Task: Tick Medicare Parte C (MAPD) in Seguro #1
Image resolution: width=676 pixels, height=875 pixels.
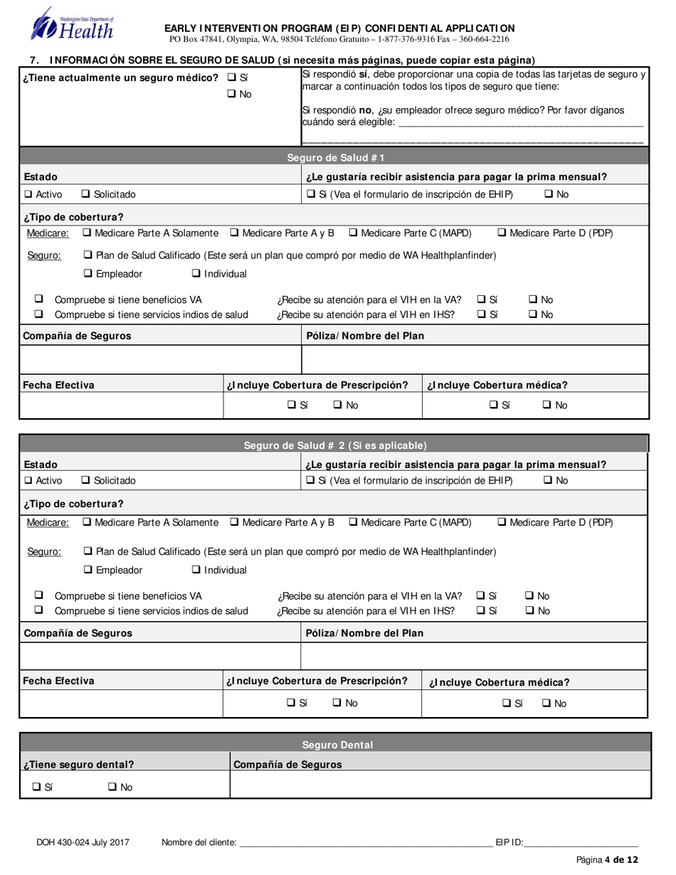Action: pyautogui.click(x=354, y=233)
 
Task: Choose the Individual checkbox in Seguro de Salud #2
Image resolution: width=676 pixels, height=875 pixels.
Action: pyautogui.click(x=196, y=570)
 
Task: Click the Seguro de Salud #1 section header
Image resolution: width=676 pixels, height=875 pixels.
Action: pyautogui.click(x=334, y=158)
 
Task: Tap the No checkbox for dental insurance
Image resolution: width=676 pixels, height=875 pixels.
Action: pyautogui.click(x=112, y=787)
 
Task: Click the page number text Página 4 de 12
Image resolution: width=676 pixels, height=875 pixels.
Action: pyautogui.click(x=607, y=860)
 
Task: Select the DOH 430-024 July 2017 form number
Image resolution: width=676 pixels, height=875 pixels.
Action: pyautogui.click(x=83, y=842)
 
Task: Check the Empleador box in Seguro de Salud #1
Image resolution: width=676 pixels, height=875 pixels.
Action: pyautogui.click(x=88, y=274)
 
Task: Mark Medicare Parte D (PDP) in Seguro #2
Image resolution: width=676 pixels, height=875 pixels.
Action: pyautogui.click(x=502, y=522)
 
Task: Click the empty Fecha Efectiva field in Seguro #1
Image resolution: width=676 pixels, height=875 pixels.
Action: pyautogui.click(x=121, y=405)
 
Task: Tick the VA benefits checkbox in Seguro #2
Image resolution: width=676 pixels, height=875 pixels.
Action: pyautogui.click(x=39, y=595)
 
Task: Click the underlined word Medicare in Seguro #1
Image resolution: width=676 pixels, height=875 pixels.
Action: pyautogui.click(x=48, y=233)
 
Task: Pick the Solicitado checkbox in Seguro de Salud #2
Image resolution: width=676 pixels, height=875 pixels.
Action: pyautogui.click(x=86, y=480)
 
